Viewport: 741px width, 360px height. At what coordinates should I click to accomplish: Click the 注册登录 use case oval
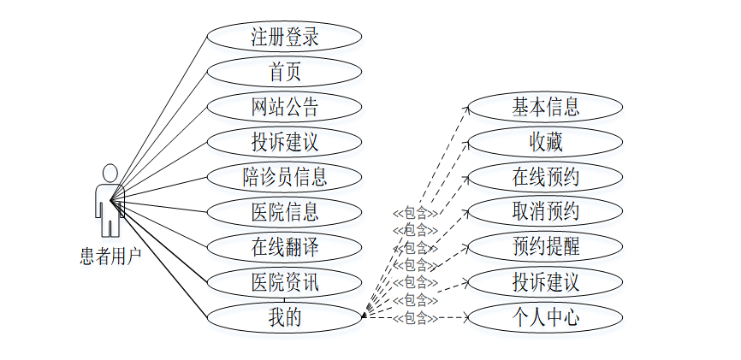point(284,37)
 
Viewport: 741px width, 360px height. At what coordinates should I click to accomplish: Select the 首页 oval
point(284,72)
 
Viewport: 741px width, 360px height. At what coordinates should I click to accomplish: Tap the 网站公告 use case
point(284,107)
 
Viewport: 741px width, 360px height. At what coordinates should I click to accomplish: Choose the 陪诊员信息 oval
point(284,177)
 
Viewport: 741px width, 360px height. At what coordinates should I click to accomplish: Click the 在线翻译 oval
point(284,247)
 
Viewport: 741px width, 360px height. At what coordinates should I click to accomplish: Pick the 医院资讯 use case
point(284,282)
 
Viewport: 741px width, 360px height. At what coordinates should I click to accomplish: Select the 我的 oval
point(284,317)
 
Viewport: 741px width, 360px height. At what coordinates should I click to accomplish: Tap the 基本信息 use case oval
point(546,107)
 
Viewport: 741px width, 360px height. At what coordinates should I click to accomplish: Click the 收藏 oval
point(546,142)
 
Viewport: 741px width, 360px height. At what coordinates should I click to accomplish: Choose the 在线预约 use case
point(546,177)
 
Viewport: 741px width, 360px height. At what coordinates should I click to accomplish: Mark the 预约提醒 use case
point(546,247)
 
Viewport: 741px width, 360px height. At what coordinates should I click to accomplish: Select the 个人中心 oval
point(546,317)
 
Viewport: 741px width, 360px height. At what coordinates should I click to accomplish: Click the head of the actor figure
point(109,173)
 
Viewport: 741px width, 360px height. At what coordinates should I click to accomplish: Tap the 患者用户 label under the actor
point(110,257)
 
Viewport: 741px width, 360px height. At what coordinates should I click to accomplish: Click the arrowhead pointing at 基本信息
point(467,108)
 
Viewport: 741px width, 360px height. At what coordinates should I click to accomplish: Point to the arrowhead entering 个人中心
point(466,317)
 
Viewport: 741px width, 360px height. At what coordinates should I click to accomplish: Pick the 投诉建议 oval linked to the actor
point(284,142)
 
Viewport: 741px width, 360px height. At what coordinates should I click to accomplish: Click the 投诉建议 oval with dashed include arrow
point(546,282)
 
